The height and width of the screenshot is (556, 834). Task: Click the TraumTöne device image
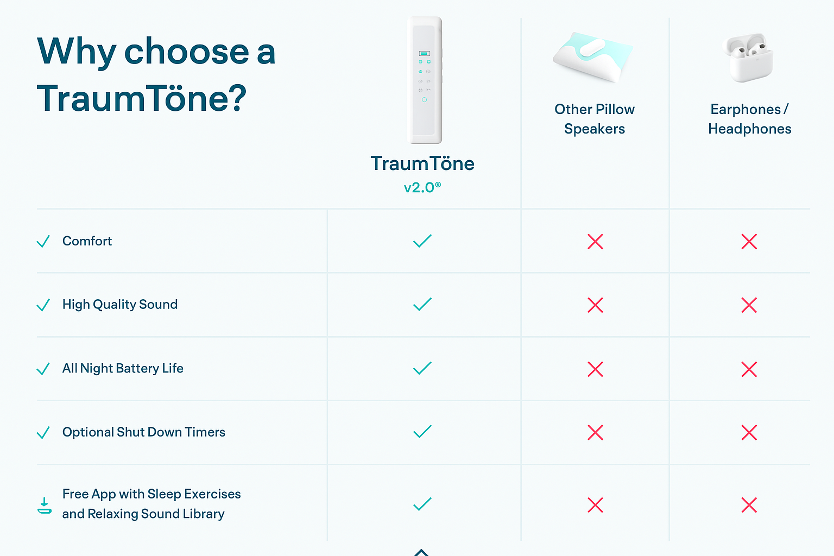425,80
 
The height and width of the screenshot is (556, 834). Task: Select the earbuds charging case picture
748,58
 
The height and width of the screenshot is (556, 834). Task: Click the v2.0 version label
422,187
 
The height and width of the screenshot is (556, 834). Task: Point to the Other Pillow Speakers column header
595,119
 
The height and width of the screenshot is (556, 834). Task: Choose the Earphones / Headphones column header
749,119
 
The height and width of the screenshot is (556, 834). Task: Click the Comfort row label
87,241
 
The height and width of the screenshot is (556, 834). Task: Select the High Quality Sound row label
120,305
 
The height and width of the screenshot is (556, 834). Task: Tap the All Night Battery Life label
123,368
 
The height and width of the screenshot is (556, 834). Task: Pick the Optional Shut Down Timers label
144,432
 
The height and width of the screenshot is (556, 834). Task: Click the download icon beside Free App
45,506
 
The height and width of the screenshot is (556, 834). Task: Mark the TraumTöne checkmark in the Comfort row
422,241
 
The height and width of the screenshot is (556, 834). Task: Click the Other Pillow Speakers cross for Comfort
595,241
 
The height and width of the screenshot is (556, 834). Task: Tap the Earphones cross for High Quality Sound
749,305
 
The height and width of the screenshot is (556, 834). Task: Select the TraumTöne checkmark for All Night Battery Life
422,368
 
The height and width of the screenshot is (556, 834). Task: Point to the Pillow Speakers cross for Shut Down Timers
595,432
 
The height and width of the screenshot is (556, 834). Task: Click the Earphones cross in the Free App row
749,505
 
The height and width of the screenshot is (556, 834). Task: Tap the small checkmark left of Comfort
43,241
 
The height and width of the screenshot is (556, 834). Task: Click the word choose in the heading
186,52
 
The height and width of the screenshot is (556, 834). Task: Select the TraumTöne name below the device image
422,163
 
